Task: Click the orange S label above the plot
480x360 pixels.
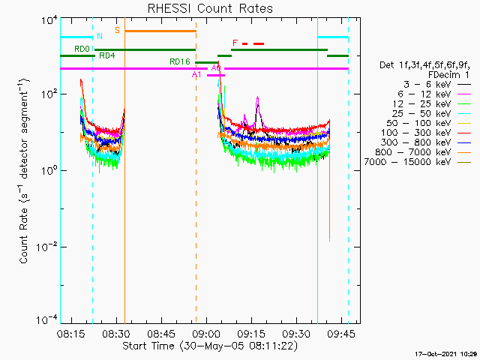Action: tap(117, 30)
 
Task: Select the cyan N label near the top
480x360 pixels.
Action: tap(99, 36)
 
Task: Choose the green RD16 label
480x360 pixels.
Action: tap(180, 61)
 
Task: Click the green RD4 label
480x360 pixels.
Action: tap(106, 55)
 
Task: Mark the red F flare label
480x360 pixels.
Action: tap(235, 43)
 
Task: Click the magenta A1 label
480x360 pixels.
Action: tap(196, 75)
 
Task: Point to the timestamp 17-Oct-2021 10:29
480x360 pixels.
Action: tap(446, 352)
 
